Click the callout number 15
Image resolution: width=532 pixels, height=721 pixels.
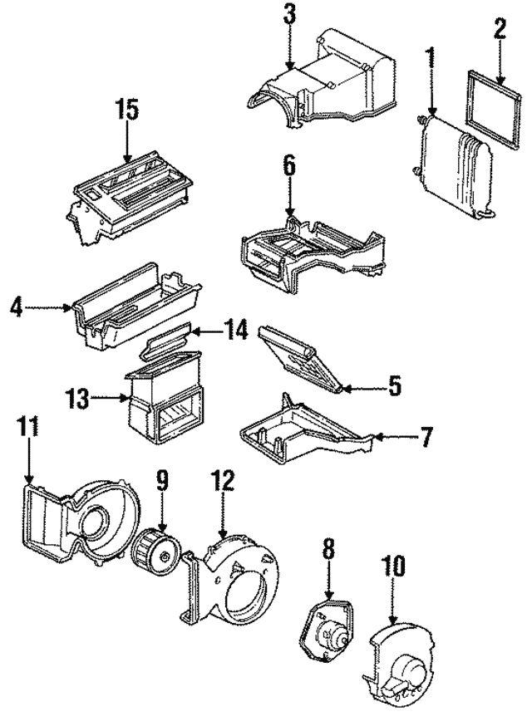coord(128,110)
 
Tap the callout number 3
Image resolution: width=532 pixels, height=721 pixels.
coord(288,14)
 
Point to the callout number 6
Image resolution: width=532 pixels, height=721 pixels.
coord(288,166)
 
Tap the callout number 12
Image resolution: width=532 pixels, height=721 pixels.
coord(223,481)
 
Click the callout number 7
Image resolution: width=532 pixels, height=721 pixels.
coord(424,435)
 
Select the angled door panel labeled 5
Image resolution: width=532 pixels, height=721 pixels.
coord(299,360)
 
